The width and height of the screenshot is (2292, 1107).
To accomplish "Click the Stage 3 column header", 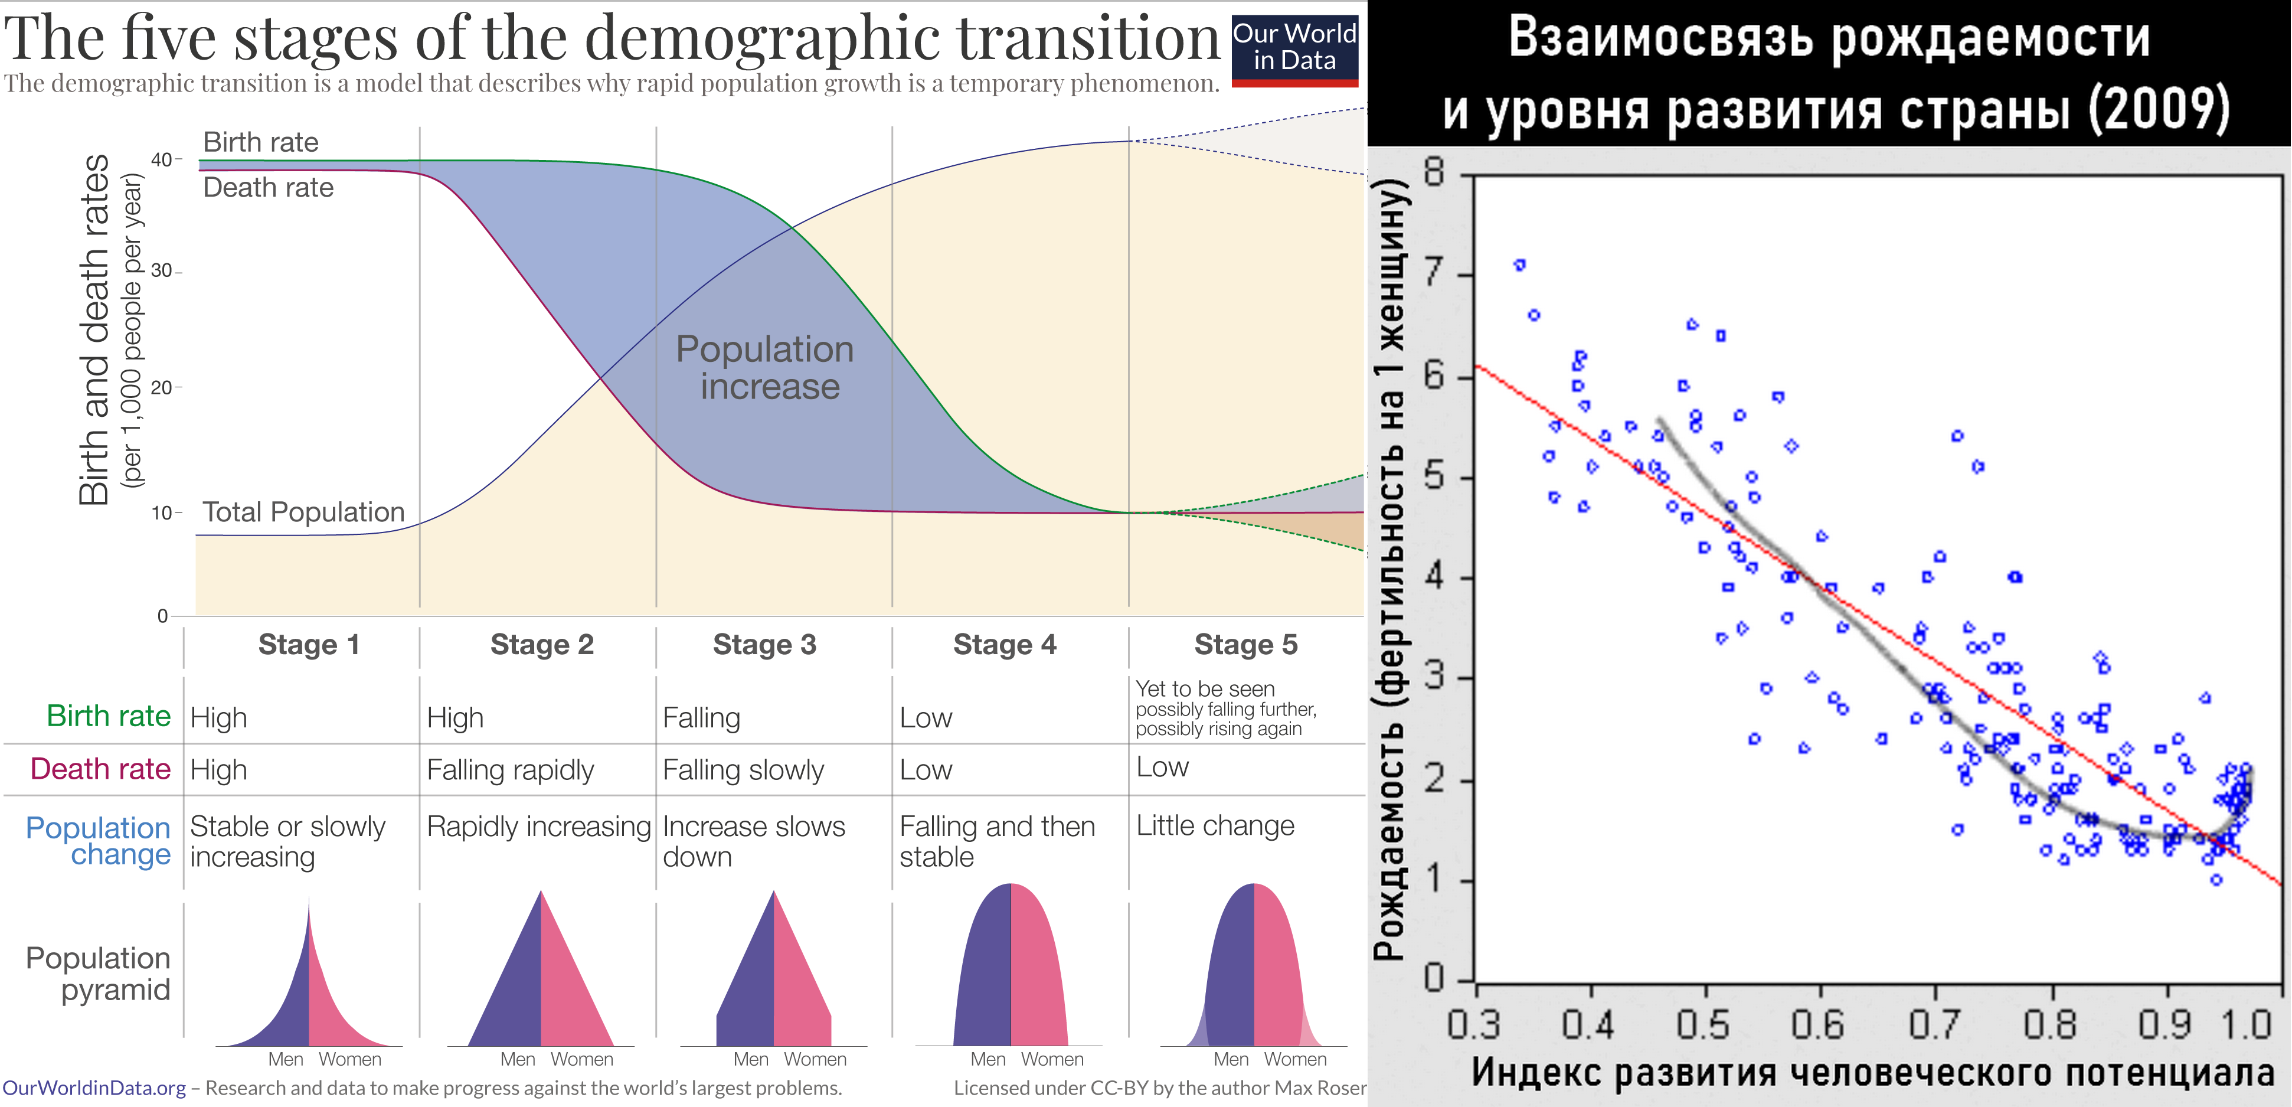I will tap(764, 644).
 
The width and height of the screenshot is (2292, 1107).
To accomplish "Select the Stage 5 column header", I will tap(1245, 644).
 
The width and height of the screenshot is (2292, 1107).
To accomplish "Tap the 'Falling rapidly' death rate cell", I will tap(510, 770).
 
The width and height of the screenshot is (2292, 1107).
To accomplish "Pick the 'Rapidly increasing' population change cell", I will tap(538, 827).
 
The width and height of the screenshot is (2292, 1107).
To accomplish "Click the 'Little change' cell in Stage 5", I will tap(1215, 826).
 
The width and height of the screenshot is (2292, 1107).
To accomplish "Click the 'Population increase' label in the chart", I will tap(765, 367).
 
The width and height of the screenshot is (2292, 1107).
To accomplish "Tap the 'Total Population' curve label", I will tap(303, 512).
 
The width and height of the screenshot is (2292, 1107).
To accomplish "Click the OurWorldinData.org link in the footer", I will tap(94, 1088).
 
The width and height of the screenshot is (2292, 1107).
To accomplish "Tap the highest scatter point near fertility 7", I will tap(1520, 264).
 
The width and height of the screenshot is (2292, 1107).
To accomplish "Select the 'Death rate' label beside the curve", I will tap(268, 188).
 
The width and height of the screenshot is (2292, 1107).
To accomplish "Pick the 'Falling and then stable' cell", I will tap(996, 841).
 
